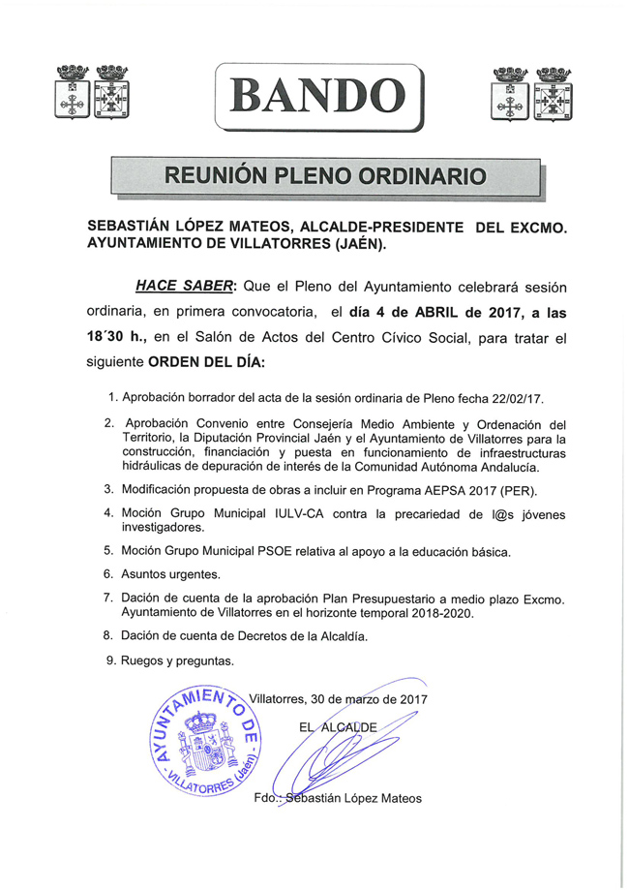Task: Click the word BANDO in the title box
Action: point(318,95)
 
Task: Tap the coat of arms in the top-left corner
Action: point(94,93)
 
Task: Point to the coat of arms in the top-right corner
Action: point(530,94)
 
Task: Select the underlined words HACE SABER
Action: point(183,287)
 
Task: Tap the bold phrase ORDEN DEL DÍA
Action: point(204,366)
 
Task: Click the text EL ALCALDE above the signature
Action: point(337,725)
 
